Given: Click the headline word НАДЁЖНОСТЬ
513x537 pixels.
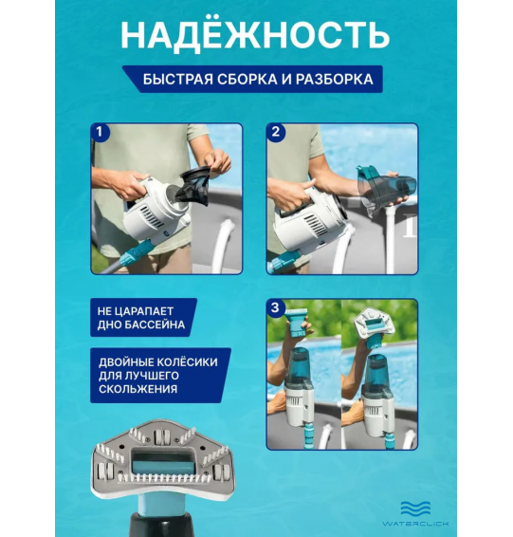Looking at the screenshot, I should click(256, 34).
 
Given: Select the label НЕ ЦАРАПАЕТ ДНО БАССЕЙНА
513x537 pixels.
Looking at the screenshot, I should click(142, 318).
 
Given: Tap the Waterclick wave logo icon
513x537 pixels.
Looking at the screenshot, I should click(416, 508).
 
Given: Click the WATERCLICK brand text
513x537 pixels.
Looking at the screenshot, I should click(416, 523).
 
